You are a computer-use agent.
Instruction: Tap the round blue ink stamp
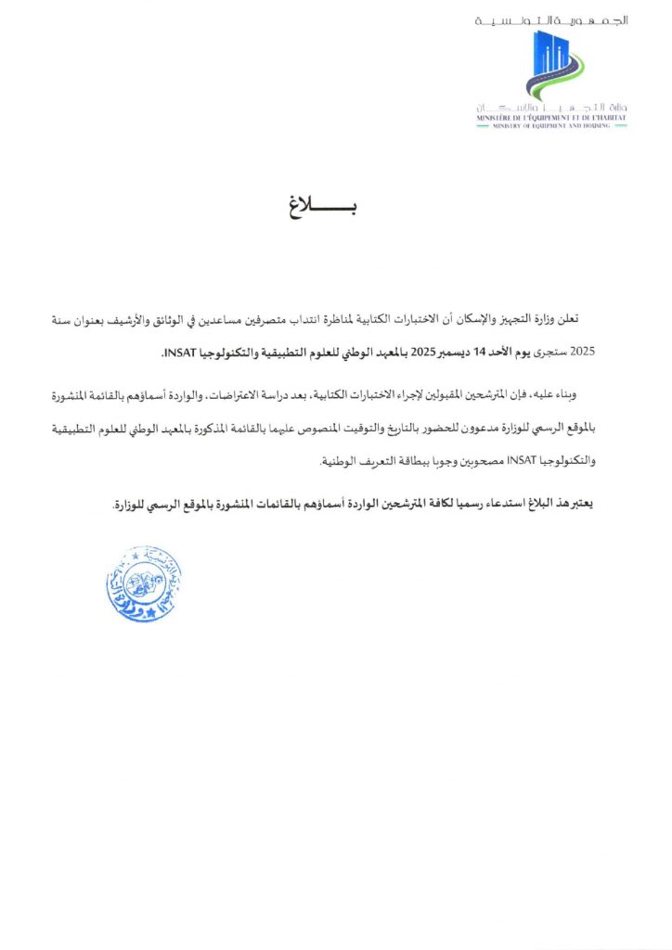click(143, 584)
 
